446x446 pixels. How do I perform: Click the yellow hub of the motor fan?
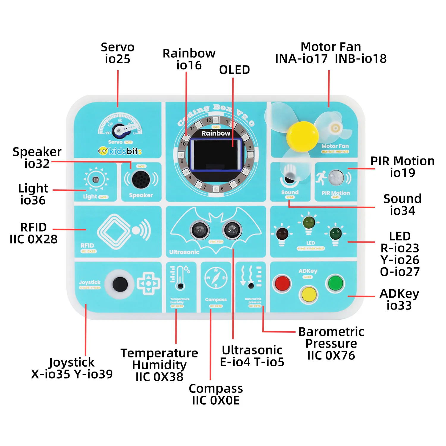point(303,136)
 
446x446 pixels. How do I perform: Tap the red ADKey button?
point(282,283)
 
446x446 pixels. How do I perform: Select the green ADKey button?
point(335,283)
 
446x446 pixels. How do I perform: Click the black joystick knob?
point(120,284)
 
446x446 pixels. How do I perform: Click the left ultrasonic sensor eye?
point(200,230)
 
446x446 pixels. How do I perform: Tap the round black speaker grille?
point(141,179)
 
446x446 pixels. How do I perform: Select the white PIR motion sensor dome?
point(336,178)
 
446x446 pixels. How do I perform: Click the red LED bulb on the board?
point(282,234)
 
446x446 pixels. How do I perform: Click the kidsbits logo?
point(120,151)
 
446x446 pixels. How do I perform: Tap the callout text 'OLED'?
point(234,70)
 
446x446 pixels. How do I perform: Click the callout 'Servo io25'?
point(117,53)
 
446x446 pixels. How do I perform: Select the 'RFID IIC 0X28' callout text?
point(33,233)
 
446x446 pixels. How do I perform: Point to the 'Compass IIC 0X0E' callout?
point(216,394)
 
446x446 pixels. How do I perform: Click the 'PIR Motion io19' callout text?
point(402,167)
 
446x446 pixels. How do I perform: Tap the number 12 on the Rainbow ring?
point(209,120)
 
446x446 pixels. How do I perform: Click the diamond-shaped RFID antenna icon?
point(114,232)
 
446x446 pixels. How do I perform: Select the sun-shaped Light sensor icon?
point(96,180)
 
